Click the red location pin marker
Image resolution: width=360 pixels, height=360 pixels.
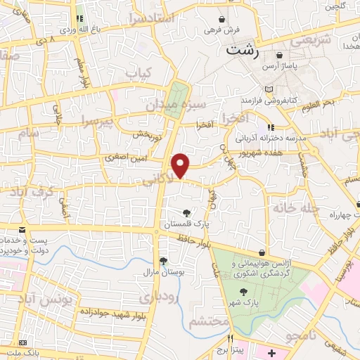[x=181, y=165]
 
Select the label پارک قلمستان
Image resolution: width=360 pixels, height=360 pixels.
[x=187, y=224]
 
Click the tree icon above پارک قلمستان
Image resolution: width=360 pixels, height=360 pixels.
[x=186, y=213]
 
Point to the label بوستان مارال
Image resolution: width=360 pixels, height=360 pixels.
[x=162, y=271]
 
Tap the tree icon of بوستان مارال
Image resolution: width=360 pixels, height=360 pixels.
[x=163, y=261]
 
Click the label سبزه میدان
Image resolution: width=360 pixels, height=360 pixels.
[x=166, y=106]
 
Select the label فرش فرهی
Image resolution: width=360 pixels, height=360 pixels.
[x=222, y=30]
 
